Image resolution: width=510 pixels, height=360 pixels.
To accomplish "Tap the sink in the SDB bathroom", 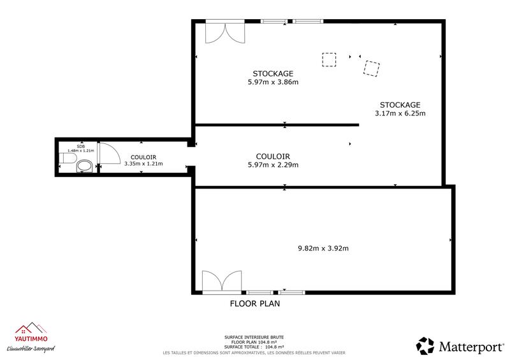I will pyautogui.click(x=66, y=158).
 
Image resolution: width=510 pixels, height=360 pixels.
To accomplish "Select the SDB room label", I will pyautogui.click(x=80, y=146).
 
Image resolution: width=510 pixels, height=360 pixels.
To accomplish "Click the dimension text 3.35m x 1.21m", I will pyautogui.click(x=143, y=164).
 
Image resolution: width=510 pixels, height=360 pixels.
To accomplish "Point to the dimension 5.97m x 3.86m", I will pyautogui.click(x=273, y=82).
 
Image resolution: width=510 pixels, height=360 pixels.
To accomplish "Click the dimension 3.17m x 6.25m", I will pyautogui.click(x=400, y=113).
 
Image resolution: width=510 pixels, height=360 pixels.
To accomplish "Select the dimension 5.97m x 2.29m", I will pyautogui.click(x=273, y=164).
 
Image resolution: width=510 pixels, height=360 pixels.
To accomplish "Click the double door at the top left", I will pyautogui.click(x=224, y=32).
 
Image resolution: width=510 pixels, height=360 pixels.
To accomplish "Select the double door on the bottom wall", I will pyautogui.click(x=221, y=282).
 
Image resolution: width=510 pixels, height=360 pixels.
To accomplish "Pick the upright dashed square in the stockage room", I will pyautogui.click(x=329, y=60).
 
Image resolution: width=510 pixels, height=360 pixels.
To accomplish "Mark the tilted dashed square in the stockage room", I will pyautogui.click(x=371, y=68).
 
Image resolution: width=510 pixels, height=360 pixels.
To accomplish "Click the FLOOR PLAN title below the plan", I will pyautogui.click(x=254, y=304).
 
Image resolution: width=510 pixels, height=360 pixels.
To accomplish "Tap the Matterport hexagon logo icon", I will pyautogui.click(x=425, y=346).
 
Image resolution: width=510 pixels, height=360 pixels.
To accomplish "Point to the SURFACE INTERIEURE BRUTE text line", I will pyautogui.click(x=254, y=336).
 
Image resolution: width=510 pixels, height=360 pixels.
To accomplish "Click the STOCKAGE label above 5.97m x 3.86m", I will pyautogui.click(x=273, y=73).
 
